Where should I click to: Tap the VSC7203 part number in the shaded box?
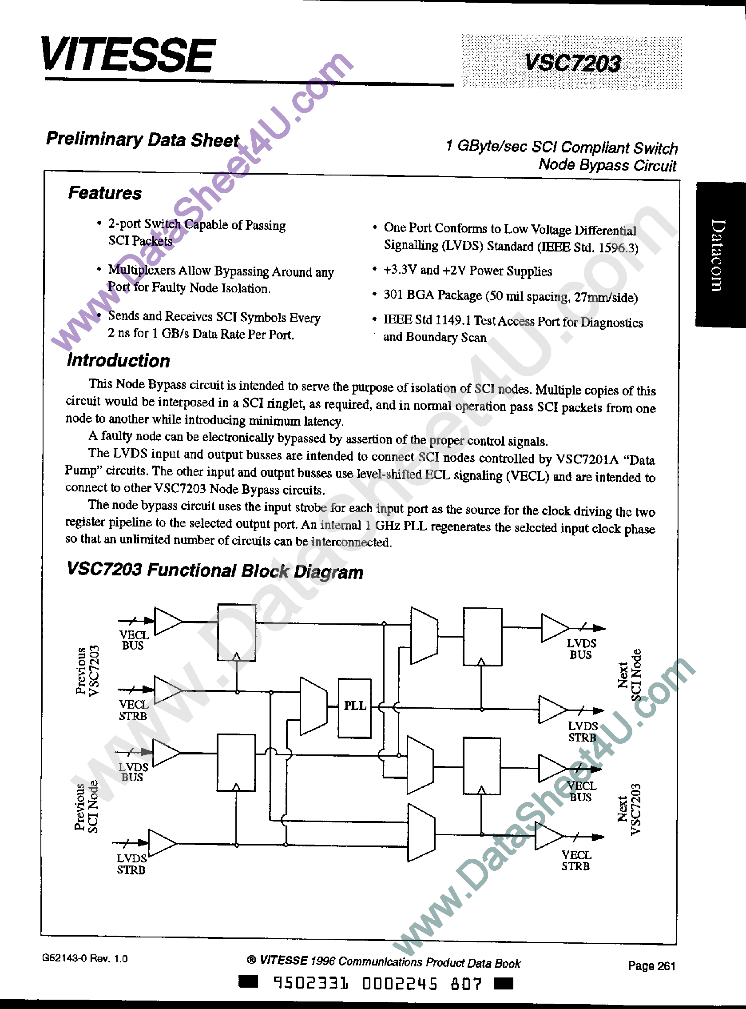[572, 63]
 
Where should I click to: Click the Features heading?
[105, 193]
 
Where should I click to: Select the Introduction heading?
[118, 360]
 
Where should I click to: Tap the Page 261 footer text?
[651, 965]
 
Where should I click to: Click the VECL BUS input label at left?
[134, 640]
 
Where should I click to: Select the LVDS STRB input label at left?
[131, 864]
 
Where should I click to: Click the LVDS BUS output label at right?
[581, 649]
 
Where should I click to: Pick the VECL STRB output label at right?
[576, 860]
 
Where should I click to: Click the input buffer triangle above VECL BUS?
[167, 622]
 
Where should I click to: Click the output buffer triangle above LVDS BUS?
[554, 628]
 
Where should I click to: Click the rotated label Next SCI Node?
[629, 675]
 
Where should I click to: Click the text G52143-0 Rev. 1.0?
[85, 958]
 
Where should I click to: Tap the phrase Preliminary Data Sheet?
[143, 139]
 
